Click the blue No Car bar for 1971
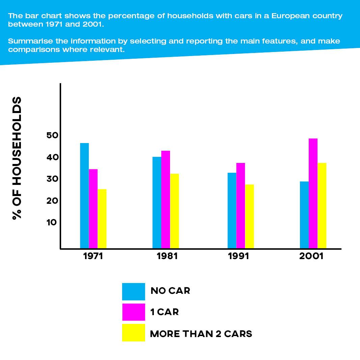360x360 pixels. click(x=84, y=196)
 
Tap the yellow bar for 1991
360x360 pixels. click(x=249, y=216)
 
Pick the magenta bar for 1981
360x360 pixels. click(x=166, y=199)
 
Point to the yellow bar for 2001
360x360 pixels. click(x=322, y=205)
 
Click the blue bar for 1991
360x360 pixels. click(x=232, y=211)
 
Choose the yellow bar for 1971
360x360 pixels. click(x=102, y=219)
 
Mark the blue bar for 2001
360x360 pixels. click(x=304, y=215)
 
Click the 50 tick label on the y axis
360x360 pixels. click(x=52, y=136)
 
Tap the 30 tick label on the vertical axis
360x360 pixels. click(x=52, y=179)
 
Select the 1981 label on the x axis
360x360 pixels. click(x=167, y=256)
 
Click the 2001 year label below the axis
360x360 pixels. click(x=311, y=256)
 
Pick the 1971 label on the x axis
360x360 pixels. click(x=93, y=256)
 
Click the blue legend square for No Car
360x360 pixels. click(x=133, y=292)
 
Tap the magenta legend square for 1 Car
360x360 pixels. click(x=133, y=312)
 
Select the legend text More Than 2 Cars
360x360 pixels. click(x=201, y=334)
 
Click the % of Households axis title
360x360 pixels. click(x=17, y=158)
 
